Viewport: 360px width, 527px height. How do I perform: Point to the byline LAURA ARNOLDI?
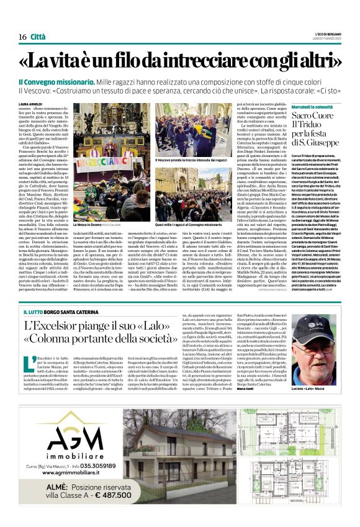pyautogui.click(x=30, y=104)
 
